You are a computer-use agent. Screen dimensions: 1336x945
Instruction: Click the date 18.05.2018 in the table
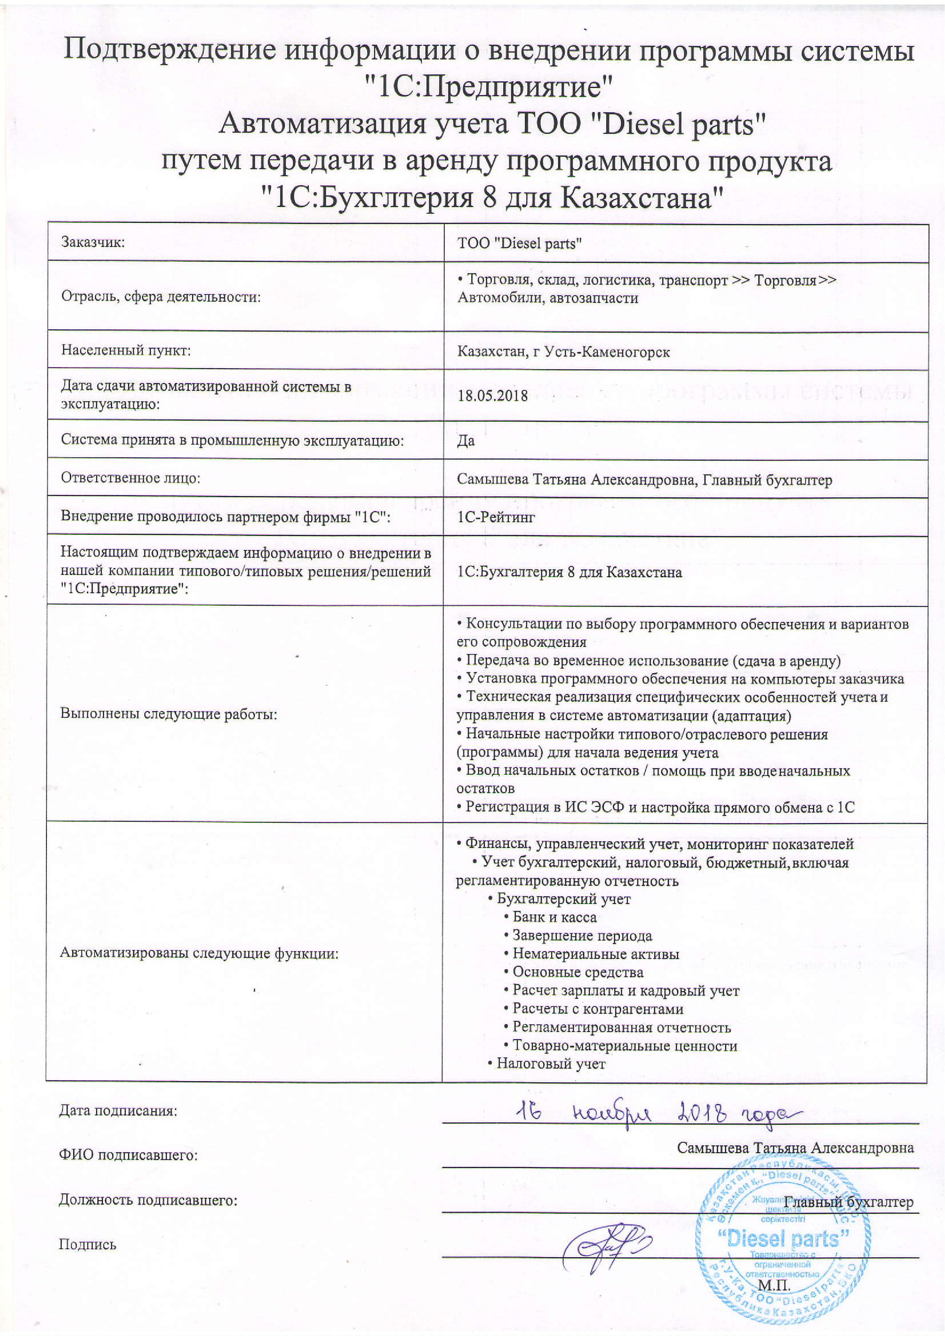(492, 396)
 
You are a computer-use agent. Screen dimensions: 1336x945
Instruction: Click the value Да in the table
(466, 440)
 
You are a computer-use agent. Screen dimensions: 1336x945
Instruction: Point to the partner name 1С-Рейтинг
(496, 517)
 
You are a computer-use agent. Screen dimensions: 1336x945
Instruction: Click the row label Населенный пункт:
(126, 350)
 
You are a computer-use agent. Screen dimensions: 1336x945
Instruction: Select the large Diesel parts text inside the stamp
(787, 1238)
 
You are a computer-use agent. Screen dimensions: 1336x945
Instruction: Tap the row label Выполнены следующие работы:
(169, 714)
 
